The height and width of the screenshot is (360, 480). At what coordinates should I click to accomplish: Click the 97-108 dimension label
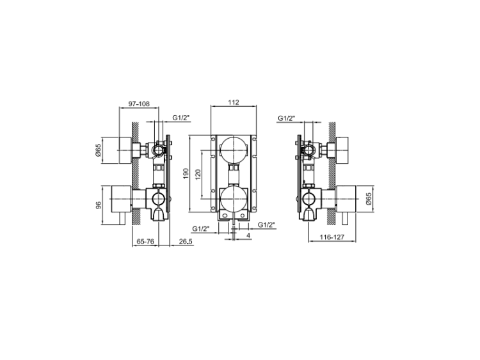139,104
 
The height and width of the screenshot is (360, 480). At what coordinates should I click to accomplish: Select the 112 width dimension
234,102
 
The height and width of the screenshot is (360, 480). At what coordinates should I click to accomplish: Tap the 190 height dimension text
186,174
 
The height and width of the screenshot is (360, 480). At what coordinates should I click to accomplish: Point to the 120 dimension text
198,175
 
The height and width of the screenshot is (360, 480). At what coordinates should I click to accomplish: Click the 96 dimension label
99,205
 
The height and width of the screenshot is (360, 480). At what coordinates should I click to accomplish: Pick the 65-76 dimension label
145,242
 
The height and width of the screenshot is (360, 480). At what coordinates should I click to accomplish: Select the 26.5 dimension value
186,242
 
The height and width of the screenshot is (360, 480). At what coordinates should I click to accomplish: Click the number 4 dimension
248,235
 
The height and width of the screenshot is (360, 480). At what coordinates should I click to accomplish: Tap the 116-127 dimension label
332,237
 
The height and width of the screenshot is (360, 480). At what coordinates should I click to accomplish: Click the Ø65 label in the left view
99,150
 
